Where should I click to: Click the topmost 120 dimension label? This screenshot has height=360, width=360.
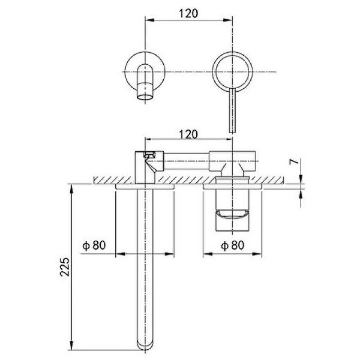click(188, 13)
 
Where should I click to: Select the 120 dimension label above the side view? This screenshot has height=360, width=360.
click(188, 134)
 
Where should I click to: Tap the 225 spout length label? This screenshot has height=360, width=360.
click(65, 267)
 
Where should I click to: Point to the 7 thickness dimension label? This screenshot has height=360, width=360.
click(294, 161)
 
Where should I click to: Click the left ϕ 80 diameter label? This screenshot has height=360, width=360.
click(94, 245)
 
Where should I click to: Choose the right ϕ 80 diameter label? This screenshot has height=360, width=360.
click(233, 245)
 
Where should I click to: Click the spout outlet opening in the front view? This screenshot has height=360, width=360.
click(145, 97)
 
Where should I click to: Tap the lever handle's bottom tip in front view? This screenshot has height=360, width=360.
click(233, 133)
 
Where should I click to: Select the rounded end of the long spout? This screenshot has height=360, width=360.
click(145, 345)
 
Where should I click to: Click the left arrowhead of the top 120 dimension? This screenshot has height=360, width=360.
click(149, 20)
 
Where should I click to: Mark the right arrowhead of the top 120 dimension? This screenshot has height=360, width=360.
click(229, 20)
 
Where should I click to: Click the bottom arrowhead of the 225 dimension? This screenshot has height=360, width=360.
click(72, 346)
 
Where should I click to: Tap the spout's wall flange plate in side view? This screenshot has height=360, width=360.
click(145, 187)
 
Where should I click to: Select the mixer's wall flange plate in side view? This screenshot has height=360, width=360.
click(232, 187)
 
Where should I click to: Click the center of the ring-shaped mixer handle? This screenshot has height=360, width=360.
click(232, 72)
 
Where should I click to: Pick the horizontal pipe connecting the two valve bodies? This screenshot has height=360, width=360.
click(187, 161)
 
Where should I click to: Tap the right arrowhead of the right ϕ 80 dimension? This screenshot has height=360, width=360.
click(257, 254)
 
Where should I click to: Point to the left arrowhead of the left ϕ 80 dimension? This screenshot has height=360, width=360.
click(120, 254)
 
